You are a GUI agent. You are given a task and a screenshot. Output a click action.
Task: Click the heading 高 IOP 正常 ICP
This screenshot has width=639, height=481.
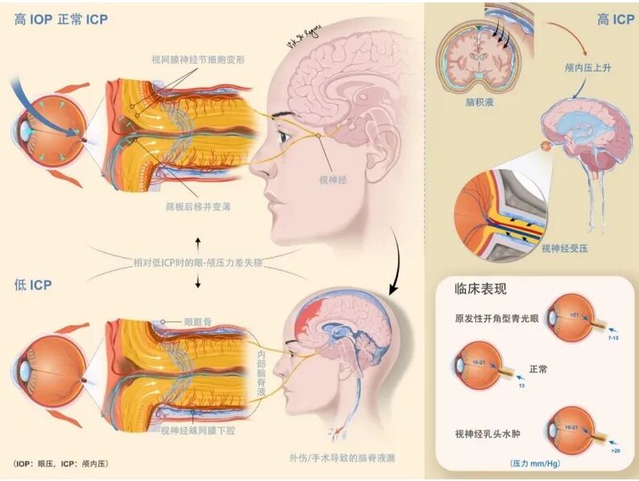[61, 19]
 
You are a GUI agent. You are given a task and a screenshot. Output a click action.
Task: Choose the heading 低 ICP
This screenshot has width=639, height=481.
[34, 284]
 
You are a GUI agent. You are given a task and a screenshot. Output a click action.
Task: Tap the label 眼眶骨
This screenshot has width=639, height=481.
[197, 321]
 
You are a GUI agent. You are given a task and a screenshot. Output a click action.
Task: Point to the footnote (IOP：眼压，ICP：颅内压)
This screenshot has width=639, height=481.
[61, 464]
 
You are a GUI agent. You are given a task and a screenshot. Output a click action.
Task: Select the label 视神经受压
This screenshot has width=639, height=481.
[565, 249]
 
